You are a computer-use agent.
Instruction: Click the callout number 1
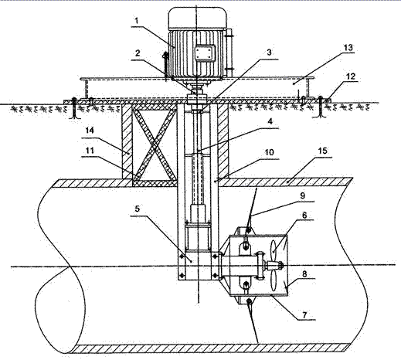pyautogui.click(x=137, y=21)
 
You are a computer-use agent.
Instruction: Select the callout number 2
pyautogui.click(x=138, y=53)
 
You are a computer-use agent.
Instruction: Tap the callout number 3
pyautogui.click(x=269, y=53)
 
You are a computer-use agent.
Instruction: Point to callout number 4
pyautogui.click(x=270, y=121)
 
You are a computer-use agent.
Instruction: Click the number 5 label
pyautogui.click(x=138, y=209)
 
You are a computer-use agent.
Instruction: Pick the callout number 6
pyautogui.click(x=304, y=215)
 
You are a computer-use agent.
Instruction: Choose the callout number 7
pyautogui.click(x=305, y=315)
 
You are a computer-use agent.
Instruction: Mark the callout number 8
pyautogui.click(x=304, y=273)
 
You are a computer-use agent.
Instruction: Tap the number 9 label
pyautogui.click(x=303, y=195)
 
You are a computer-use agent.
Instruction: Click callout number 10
pyautogui.click(x=269, y=152)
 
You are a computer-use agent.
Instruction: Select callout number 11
pyautogui.click(x=90, y=150)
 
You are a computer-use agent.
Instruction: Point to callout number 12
pyautogui.click(x=351, y=76)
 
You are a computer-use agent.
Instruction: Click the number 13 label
pyautogui.click(x=348, y=47)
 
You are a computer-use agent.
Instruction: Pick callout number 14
pyautogui.click(x=90, y=131)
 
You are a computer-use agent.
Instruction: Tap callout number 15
pyautogui.click(x=323, y=151)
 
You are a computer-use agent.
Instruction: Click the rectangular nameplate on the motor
pyautogui.click(x=205, y=53)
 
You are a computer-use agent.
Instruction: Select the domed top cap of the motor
pyautogui.click(x=198, y=18)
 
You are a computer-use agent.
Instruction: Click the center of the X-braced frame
pyautogui.click(x=155, y=145)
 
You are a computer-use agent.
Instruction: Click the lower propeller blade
pyautogui.click(x=274, y=280)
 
